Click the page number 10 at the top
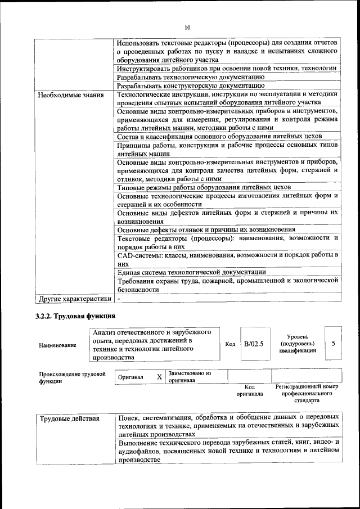[x=187, y=27]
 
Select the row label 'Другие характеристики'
[x=74, y=299]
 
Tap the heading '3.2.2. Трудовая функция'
[x=75, y=316]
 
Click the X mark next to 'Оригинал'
[x=159, y=376]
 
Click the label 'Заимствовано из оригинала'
[x=189, y=376]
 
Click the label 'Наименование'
[x=58, y=345]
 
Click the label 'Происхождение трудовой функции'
[x=72, y=377]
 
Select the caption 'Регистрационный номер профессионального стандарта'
[x=307, y=394]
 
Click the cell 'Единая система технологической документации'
[x=191, y=272]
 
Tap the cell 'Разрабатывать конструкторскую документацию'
[x=191, y=85]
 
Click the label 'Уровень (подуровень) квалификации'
[x=297, y=343]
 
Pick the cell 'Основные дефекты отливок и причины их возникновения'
[x=206, y=229]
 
